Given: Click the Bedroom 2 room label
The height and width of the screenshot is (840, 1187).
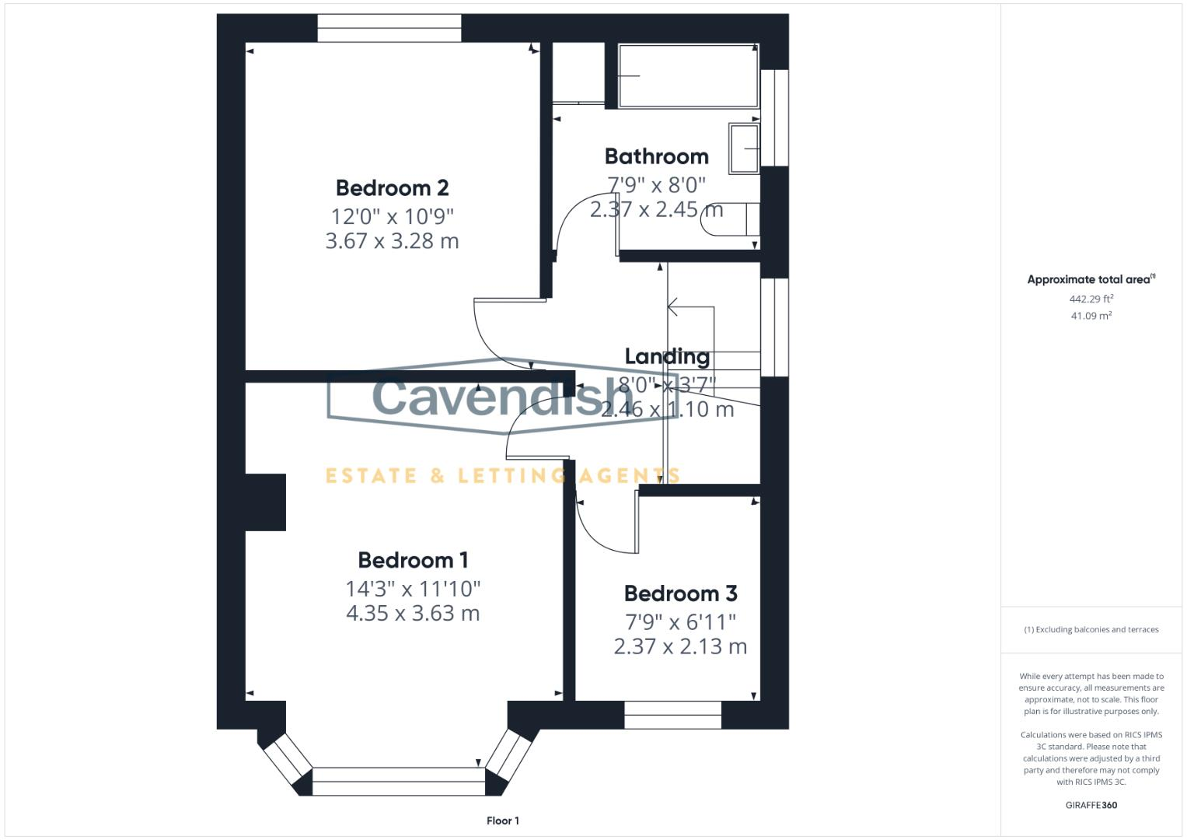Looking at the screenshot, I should click(392, 188).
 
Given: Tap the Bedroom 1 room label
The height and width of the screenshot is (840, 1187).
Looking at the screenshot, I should click(413, 560).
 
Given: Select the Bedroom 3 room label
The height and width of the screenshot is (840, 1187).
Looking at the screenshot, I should click(680, 593).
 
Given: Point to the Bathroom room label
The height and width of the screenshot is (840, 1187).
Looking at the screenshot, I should click(656, 156).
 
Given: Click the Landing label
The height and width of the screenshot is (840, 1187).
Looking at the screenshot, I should click(667, 356).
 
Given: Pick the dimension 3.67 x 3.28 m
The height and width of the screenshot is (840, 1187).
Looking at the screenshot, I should click(392, 241).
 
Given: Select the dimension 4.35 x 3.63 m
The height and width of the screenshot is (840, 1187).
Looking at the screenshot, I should click(413, 614).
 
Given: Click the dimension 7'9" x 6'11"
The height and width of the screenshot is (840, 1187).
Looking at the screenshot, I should click(680, 621).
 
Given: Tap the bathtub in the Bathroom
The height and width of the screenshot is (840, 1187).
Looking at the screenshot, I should click(688, 75).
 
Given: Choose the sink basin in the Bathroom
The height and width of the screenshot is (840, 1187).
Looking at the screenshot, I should click(744, 148).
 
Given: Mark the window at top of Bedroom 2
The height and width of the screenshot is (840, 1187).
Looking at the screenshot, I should click(389, 29).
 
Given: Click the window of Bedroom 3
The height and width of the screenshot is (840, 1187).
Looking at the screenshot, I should click(672, 715).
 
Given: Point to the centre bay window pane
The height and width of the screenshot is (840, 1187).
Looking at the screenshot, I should click(398, 781).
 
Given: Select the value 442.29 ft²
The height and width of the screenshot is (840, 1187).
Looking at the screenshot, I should click(1091, 299).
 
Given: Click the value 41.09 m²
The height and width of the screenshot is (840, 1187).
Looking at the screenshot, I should click(1091, 316).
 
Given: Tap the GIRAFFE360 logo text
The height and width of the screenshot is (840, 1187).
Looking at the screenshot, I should click(1091, 805).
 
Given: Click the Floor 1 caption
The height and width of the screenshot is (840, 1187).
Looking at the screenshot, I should click(502, 821).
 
